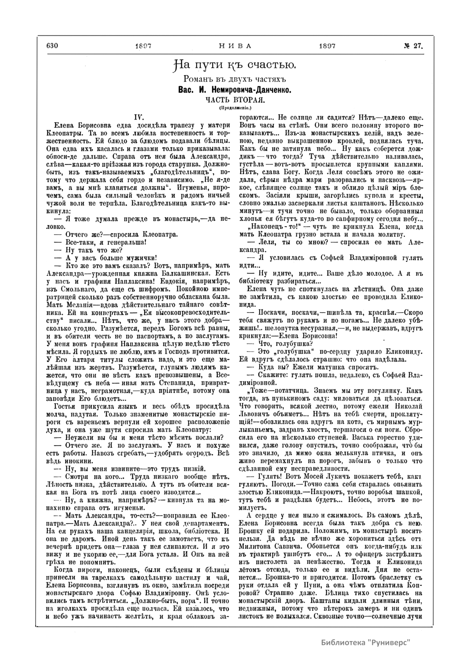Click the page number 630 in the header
[x=52, y=45]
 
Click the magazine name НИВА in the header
[x=234, y=45]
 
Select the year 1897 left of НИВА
[x=143, y=45]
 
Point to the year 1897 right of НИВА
[x=327, y=45]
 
